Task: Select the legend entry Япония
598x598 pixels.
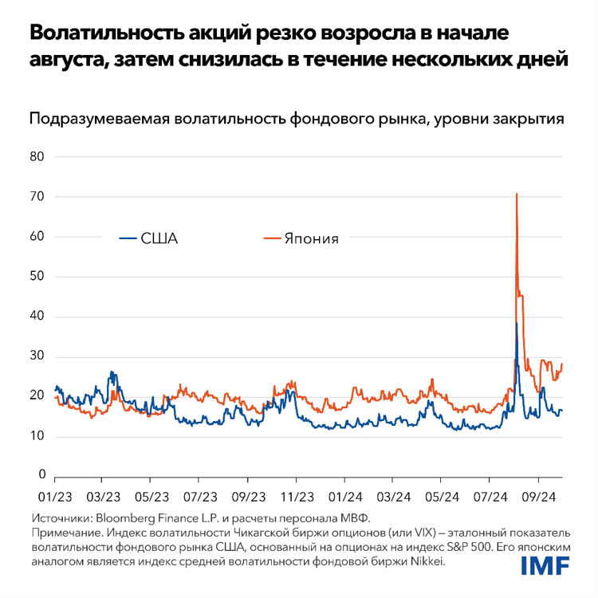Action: click(x=313, y=238)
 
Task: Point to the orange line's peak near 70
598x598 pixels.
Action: click(x=517, y=194)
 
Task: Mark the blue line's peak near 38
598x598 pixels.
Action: click(x=517, y=323)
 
